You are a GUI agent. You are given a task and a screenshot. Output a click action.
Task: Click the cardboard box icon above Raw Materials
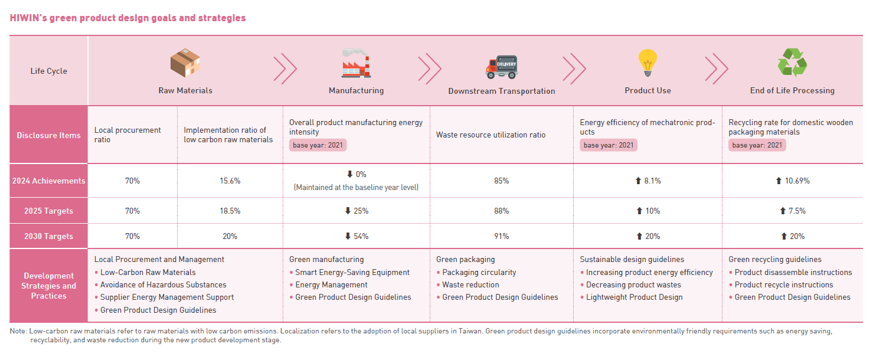(x=185, y=64)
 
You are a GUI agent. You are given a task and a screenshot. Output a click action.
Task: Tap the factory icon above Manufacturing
(x=356, y=63)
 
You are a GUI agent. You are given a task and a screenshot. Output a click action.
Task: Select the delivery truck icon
(x=501, y=67)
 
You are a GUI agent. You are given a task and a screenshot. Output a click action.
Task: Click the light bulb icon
(x=648, y=63)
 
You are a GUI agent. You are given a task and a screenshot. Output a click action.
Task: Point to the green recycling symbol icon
(x=792, y=63)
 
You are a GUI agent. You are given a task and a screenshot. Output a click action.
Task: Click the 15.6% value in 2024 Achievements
(x=230, y=181)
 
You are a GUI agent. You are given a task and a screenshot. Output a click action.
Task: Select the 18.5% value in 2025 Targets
(x=230, y=211)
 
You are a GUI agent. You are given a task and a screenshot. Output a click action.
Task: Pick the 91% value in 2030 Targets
(x=501, y=237)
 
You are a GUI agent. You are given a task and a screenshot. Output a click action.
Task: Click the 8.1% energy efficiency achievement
(x=648, y=181)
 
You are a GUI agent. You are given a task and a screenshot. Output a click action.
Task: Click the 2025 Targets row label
(x=48, y=211)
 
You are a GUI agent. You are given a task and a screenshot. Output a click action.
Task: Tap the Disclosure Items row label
(x=48, y=135)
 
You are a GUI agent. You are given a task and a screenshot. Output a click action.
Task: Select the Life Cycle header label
(x=48, y=71)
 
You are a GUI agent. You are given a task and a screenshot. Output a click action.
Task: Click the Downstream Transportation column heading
(x=501, y=91)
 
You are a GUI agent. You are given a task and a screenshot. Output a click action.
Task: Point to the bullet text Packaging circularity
(x=479, y=273)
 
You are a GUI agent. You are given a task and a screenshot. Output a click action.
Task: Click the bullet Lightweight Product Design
(x=634, y=297)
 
